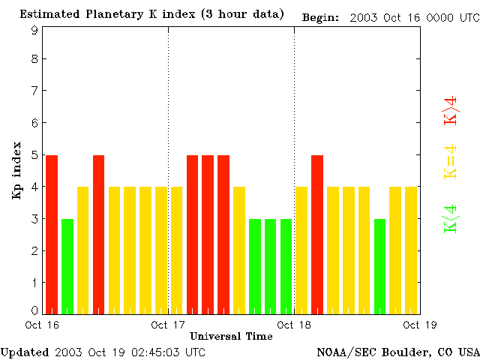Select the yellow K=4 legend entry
tap(451, 162)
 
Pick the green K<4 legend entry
tap(451, 219)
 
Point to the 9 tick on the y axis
tap(34, 31)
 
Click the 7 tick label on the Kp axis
tap(34, 91)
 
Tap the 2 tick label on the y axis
tap(34, 250)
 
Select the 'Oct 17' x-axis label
tap(168, 325)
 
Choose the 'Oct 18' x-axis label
tap(294, 325)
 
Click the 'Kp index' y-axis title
tap(16, 170)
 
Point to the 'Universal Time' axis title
tap(231, 336)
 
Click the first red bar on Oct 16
tap(52, 234)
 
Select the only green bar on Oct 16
tap(67, 265)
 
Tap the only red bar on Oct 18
tap(317, 234)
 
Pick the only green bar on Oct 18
tap(379, 265)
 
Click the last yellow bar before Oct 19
tap(411, 250)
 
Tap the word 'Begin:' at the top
tap(320, 16)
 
